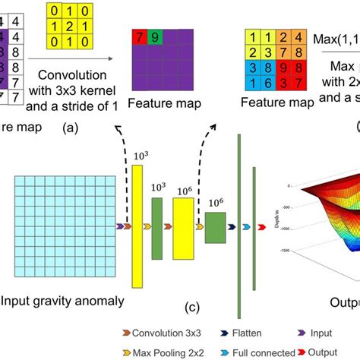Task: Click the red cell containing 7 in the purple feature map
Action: pyautogui.click(x=138, y=36)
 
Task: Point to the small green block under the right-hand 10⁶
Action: pyautogui.click(x=216, y=227)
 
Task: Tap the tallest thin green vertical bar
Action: pyautogui.click(x=239, y=226)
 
